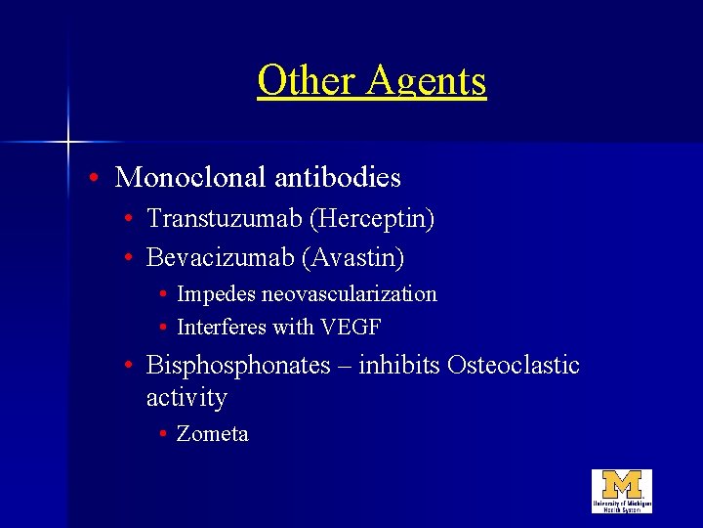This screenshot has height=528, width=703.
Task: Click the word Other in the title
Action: click(x=307, y=80)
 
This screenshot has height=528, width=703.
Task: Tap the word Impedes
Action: click(x=216, y=294)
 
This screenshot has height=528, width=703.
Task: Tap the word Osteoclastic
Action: click(x=514, y=366)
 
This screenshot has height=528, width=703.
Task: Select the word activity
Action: click(x=186, y=398)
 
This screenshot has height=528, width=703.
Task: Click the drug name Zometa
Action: click(x=213, y=434)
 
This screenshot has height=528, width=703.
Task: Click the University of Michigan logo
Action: click(x=621, y=491)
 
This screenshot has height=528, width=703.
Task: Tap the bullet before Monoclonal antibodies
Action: click(x=91, y=179)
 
